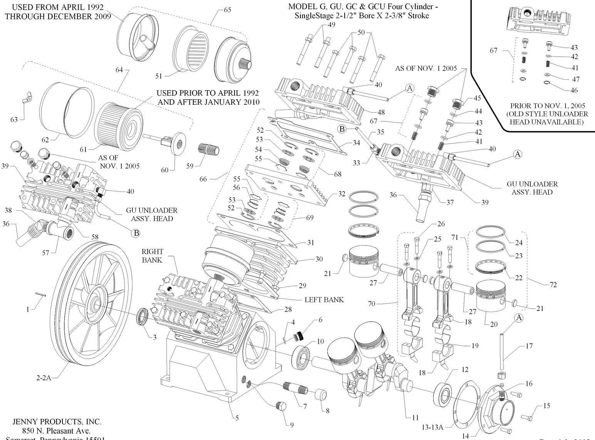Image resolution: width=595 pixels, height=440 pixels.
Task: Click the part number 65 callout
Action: pos(228,10)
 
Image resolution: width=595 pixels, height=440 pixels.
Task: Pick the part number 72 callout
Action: pos(553,285)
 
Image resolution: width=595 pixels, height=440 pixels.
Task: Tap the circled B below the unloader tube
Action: pos(136,233)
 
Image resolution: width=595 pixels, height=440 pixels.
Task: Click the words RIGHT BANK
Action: pos(152,255)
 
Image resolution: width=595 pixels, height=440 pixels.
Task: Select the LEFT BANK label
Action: pos(324,299)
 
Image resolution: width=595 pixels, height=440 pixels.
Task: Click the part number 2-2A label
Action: pos(44,378)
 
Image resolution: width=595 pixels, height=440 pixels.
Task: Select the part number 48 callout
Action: pos(380,113)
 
